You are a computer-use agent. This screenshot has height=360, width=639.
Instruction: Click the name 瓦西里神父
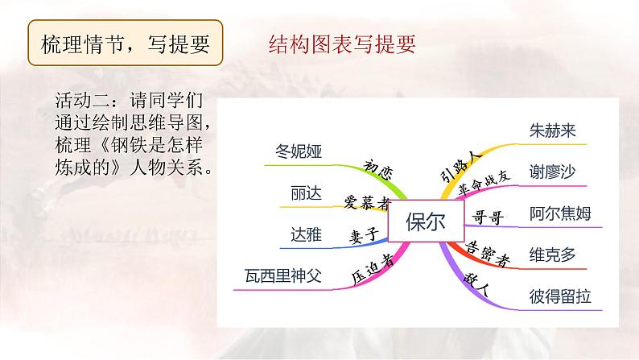[282, 276]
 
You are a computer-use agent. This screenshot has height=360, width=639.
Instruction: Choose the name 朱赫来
[554, 130]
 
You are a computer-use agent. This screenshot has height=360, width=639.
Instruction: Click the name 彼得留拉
[560, 296]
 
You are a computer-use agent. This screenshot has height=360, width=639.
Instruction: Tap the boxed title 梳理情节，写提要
[126, 45]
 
